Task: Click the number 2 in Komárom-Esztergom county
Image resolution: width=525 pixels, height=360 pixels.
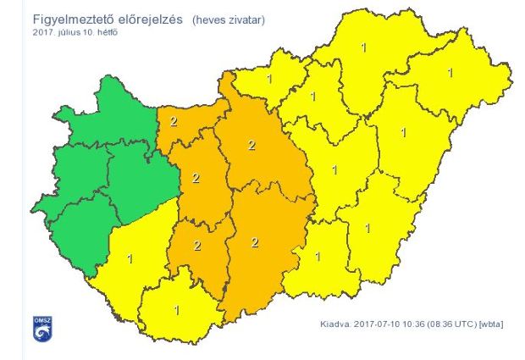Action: click(x=173, y=121)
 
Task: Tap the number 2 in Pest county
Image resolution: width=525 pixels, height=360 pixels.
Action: click(x=251, y=145)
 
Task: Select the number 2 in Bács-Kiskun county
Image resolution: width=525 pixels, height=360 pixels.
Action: click(x=254, y=241)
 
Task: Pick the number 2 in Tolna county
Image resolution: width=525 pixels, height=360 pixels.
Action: click(x=197, y=246)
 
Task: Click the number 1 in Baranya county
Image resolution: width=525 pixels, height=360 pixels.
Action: click(x=176, y=310)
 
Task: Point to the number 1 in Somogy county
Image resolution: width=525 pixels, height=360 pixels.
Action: click(x=130, y=258)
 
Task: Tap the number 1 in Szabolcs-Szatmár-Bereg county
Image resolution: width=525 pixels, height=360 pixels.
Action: click(x=450, y=72)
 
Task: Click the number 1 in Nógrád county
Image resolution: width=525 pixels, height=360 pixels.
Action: click(x=269, y=80)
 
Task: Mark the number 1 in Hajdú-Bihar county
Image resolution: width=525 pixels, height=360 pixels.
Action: click(x=403, y=132)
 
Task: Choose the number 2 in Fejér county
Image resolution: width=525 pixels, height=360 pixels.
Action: click(x=196, y=178)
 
